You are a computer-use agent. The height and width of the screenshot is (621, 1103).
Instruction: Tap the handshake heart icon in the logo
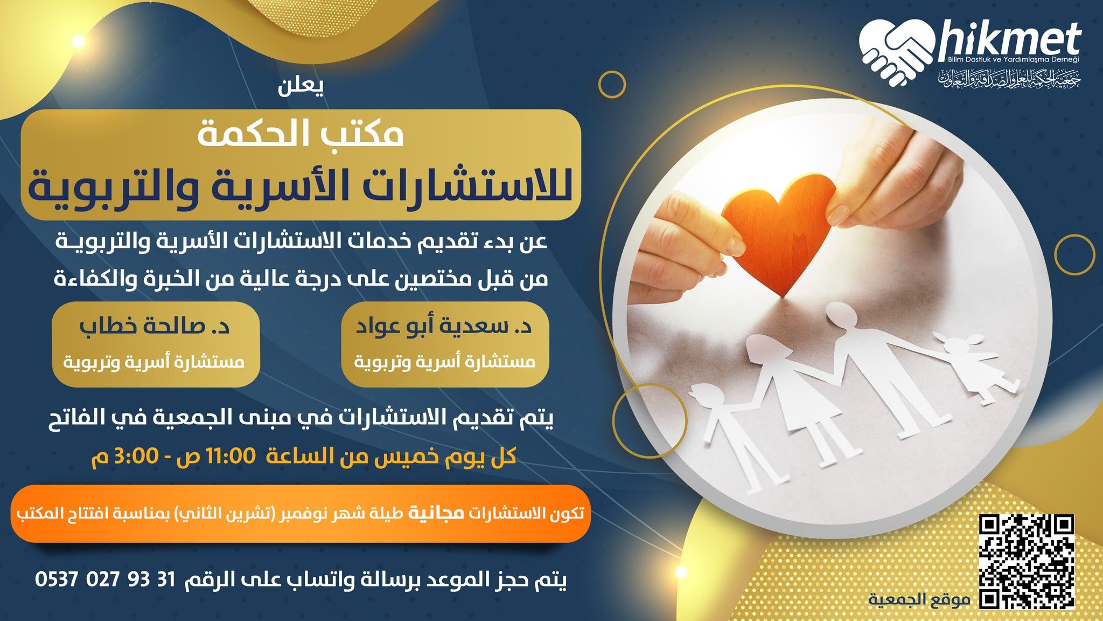pyautogui.click(x=896, y=52)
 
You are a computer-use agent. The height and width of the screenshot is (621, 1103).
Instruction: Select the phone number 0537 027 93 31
pyautogui.click(x=106, y=580)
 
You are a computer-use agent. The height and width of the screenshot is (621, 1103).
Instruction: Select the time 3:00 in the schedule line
pyautogui.click(x=135, y=457)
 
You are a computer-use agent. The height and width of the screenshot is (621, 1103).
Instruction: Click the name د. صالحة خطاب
pyautogui.click(x=155, y=327)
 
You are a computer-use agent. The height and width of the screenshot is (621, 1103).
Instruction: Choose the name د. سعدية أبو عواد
pyautogui.click(x=444, y=327)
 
